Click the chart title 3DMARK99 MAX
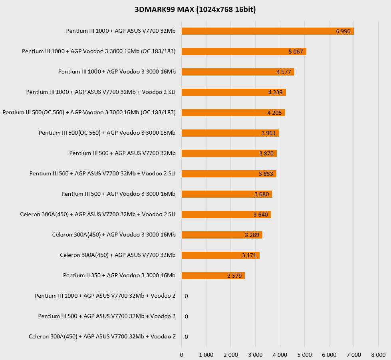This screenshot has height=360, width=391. (x=195, y=10)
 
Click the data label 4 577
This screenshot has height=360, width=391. (x=284, y=72)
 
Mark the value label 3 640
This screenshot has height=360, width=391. (x=261, y=215)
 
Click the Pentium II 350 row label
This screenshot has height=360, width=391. (x=119, y=275)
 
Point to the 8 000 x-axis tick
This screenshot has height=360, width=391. (x=378, y=355)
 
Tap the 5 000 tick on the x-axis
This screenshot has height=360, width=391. (x=304, y=355)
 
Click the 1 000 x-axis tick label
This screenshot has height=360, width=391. (x=206, y=355)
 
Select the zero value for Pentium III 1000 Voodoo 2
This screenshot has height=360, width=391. (x=187, y=296)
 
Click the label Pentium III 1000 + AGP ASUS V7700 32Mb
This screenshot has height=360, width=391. (x=121, y=31)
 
